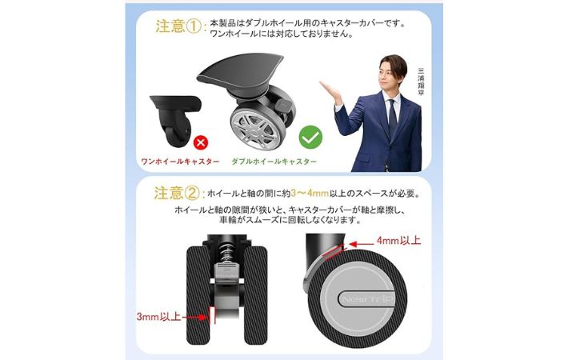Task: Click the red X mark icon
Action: click(201, 142)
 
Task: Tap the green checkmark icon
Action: click(310, 137)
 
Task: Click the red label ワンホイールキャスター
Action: click(180, 162)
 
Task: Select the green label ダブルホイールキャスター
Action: click(274, 162)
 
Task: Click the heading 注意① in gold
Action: click(178, 26)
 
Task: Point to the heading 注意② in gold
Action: click(177, 193)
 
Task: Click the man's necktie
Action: click(393, 117)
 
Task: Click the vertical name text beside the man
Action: click(421, 82)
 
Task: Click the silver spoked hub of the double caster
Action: click(254, 130)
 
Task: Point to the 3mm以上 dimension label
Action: click(158, 317)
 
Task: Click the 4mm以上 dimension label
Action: click(399, 241)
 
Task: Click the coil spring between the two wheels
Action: click(226, 251)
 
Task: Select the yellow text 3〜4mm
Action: click(310, 194)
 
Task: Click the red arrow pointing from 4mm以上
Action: click(361, 245)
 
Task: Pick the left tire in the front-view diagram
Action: click(198, 295)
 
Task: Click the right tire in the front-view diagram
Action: click(255, 295)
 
